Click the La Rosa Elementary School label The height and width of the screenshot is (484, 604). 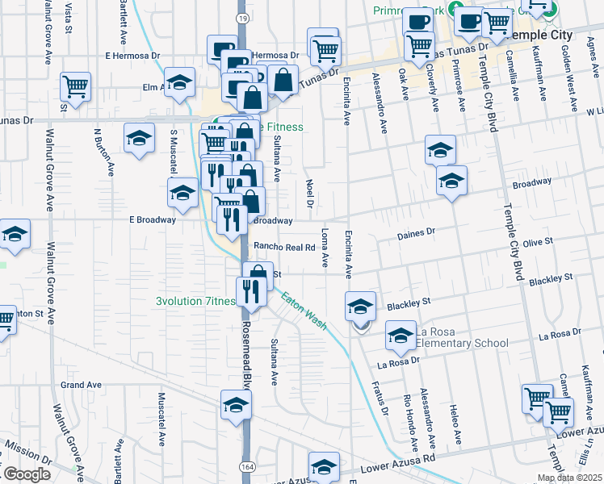[461, 337]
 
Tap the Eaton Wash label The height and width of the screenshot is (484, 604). [304, 310]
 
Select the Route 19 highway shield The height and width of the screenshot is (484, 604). [242, 17]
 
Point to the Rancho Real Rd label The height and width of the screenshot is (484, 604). [283, 247]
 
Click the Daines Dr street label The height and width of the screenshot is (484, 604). [416, 232]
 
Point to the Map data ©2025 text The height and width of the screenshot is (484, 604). [569, 478]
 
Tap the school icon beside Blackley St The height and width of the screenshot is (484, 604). [360, 306]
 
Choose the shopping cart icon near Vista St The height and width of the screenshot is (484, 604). [75, 86]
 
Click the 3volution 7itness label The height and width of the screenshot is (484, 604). [196, 302]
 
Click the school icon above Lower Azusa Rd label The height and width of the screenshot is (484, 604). [323, 466]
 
